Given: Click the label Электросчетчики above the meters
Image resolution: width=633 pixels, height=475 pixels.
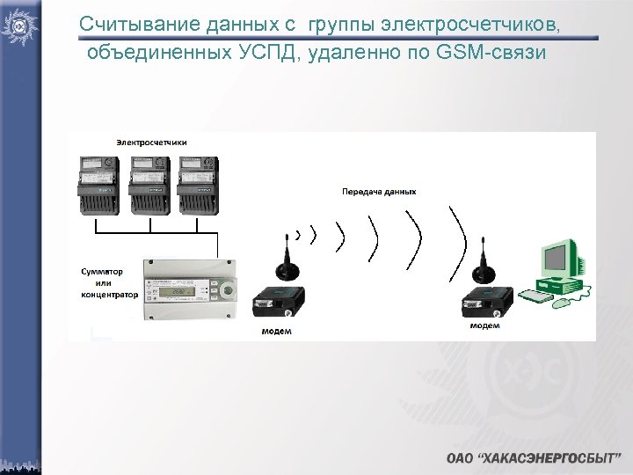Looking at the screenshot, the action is click(x=151, y=142).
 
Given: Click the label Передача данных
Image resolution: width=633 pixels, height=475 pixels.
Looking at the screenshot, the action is click(x=379, y=191).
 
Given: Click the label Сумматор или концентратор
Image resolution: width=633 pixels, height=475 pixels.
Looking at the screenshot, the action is click(x=109, y=283).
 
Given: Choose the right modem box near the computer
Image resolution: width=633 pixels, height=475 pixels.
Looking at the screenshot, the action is click(x=484, y=304).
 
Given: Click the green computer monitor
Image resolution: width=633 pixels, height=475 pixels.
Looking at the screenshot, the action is click(x=559, y=259).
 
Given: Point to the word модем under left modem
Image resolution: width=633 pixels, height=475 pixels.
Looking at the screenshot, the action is click(x=276, y=332).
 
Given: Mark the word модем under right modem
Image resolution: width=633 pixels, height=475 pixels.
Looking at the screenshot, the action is click(x=484, y=325).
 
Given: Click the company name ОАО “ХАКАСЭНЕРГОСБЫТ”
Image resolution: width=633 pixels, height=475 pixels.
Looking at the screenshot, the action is click(x=533, y=458).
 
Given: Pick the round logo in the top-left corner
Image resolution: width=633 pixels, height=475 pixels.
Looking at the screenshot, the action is click(x=19, y=24).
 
